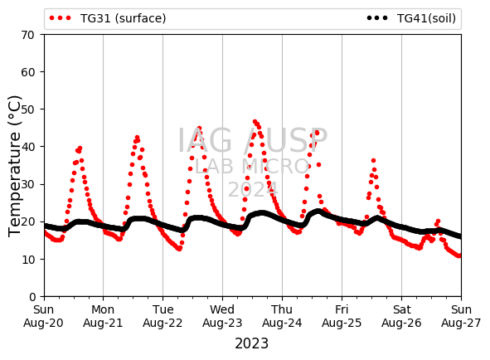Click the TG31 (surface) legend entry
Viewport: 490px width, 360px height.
point(108,18)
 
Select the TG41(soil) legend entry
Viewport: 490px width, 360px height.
point(411,18)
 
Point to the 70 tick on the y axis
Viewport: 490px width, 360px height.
point(28,35)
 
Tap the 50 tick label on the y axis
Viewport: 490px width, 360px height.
point(28,109)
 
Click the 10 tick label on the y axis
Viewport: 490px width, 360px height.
point(28,260)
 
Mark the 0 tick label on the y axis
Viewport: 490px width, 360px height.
point(32,297)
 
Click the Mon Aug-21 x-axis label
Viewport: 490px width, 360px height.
point(103,316)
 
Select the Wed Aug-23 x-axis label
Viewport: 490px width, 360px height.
point(222,316)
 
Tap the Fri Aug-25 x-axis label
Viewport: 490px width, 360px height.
point(342,316)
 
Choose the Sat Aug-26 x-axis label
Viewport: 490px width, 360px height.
point(401,316)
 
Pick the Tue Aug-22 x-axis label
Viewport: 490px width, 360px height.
point(163,316)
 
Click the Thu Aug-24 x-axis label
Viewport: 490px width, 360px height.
point(282,316)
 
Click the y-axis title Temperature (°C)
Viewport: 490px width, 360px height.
point(14,166)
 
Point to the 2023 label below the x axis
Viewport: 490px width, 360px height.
point(251,343)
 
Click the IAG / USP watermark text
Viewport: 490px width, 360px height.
point(253,140)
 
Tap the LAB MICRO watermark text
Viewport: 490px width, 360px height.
point(252,167)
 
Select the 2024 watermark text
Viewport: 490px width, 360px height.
point(253,189)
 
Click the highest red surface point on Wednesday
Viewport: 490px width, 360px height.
point(255,122)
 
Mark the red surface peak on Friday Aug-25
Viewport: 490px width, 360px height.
point(373,161)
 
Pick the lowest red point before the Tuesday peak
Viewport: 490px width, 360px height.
point(179,249)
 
